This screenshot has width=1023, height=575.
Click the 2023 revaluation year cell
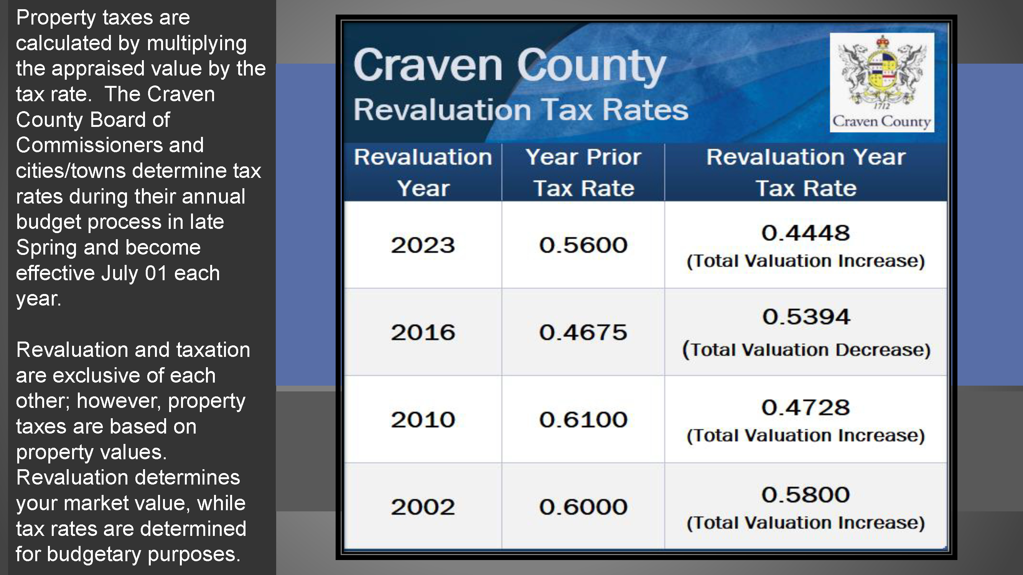coord(423,245)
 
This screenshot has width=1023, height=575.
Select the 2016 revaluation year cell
coord(423,332)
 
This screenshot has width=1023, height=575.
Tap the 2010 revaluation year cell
coord(423,419)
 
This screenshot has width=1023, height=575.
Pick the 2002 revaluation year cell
coord(423,507)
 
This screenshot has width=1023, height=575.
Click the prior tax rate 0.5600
coord(583,245)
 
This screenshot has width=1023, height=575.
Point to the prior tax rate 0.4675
coord(583,332)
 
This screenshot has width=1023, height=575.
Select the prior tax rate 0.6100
coord(583,419)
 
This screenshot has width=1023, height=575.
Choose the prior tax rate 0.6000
coord(583,507)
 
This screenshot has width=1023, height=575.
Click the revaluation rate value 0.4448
coord(806,233)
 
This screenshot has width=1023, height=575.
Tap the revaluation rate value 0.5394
coord(806,317)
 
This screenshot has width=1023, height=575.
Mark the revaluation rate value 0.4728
coord(806,407)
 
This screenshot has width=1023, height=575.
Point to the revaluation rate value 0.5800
coord(806,495)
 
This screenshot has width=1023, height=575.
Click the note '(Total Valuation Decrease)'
coord(806,350)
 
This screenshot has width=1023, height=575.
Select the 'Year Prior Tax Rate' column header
coord(583,172)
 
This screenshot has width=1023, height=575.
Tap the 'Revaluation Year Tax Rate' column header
coord(806,172)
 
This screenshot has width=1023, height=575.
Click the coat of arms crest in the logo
coord(881,71)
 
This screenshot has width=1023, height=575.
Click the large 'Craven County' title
coord(509,66)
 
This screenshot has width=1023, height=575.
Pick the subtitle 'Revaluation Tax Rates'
coord(521,110)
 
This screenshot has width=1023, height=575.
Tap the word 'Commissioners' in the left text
coord(89,145)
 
